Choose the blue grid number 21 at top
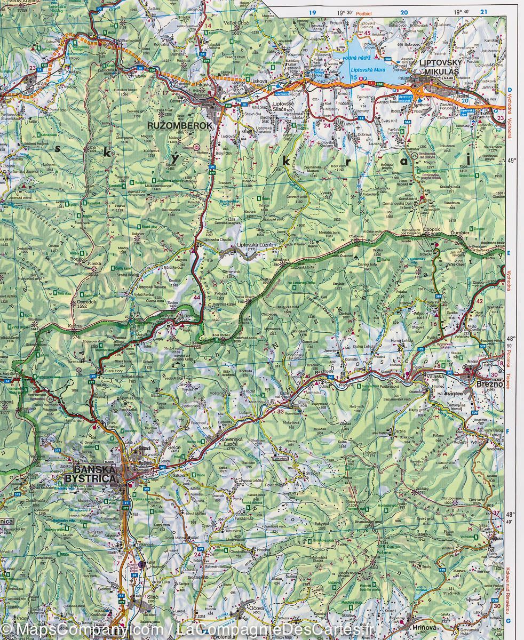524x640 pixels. pyautogui.click(x=483, y=12)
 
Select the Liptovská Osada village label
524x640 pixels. pyautogui.click(x=217, y=239)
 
